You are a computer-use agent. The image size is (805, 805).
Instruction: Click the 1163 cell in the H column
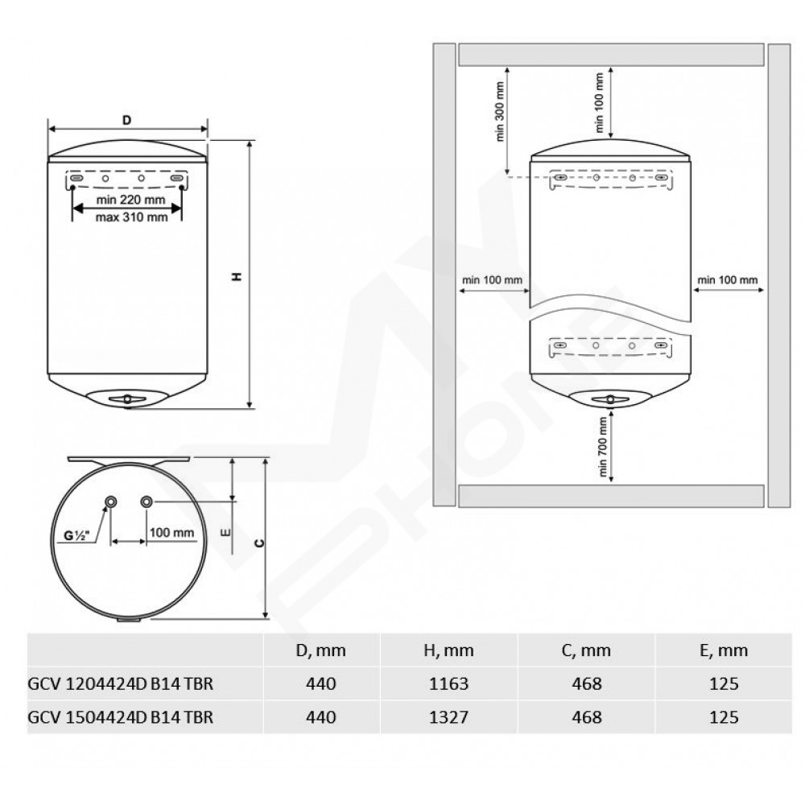point(448,683)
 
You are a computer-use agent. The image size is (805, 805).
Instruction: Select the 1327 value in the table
point(448,716)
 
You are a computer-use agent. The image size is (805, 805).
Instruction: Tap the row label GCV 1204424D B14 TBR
point(120,683)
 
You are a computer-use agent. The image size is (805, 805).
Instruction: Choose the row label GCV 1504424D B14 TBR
point(120,716)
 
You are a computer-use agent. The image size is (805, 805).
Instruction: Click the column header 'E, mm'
point(724,650)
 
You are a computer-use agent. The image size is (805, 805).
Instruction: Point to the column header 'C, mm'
point(586,650)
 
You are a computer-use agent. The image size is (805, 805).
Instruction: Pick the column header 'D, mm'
point(321,650)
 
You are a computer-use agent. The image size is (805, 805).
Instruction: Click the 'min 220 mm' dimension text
point(131,199)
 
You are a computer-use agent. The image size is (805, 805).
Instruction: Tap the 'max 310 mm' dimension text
point(131,217)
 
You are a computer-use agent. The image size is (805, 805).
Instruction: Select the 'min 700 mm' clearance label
point(603,446)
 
